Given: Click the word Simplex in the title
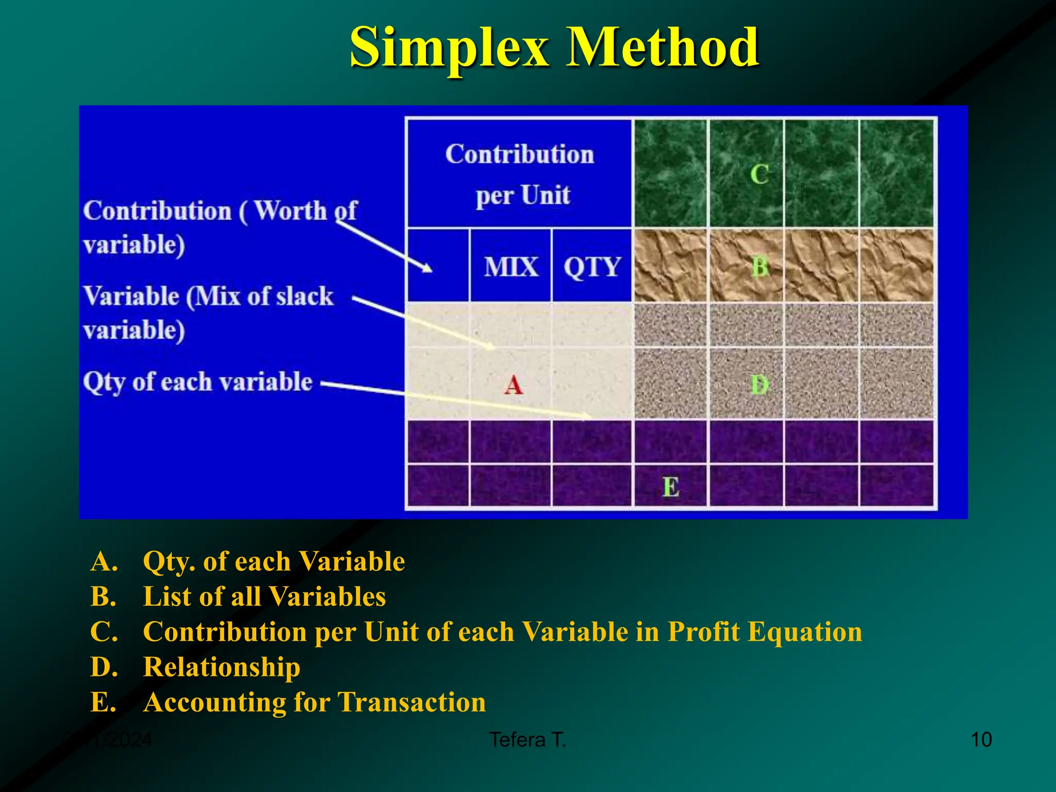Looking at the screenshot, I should (449, 47).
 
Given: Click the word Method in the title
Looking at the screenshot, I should (662, 47).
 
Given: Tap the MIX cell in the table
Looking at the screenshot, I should (510, 267).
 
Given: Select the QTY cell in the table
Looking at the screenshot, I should (591, 267).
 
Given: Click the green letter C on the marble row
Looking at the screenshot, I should (759, 174).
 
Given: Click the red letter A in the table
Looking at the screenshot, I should (513, 385).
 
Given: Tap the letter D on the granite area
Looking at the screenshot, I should (760, 385).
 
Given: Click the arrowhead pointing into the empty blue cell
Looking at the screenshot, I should (427, 268).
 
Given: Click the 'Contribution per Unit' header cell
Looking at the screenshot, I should (520, 174).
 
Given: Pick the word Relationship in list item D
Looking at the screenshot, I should (222, 667).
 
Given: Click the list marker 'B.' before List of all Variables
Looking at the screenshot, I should (103, 597).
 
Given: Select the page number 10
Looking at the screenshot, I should (981, 740).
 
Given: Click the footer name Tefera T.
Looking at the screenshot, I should (527, 740).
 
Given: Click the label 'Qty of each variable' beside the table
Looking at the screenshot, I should (197, 383).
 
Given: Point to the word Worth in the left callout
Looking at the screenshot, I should (290, 211).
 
